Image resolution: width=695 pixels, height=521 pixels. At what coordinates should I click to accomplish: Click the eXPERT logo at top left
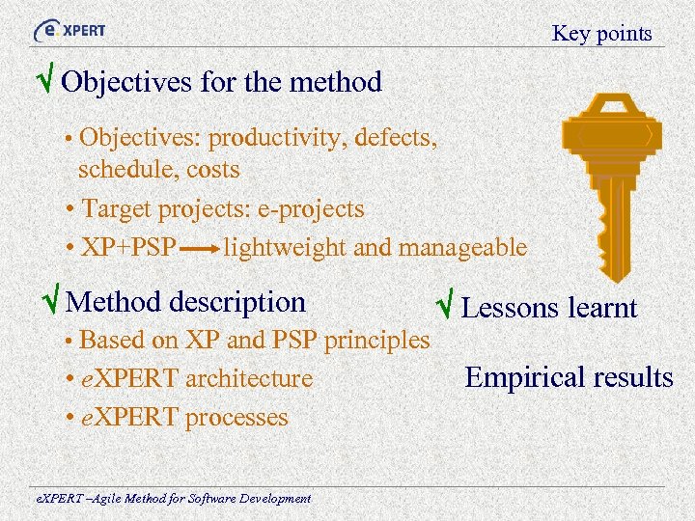[69, 29]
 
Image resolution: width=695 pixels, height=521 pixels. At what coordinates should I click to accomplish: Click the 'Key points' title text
[601, 34]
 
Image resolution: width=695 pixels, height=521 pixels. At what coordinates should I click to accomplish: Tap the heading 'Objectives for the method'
[221, 82]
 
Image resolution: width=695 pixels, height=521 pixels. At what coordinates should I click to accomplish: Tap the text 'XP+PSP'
[128, 247]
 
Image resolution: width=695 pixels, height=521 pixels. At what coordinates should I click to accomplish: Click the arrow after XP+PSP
[200, 248]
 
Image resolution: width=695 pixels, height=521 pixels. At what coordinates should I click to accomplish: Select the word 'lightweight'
[285, 247]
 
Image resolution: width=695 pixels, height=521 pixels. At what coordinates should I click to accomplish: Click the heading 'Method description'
[185, 302]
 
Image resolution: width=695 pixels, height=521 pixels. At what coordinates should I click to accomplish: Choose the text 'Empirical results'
[569, 377]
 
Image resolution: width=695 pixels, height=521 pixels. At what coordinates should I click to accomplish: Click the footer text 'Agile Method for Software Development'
[181, 499]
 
